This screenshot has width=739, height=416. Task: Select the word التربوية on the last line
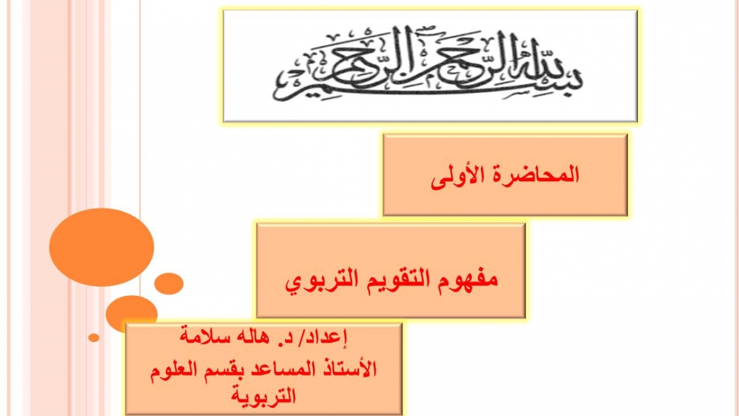[264, 396]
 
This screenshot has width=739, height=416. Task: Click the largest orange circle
[102, 247]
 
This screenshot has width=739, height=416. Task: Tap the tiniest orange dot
[94, 338]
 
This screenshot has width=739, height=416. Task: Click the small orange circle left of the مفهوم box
[169, 283]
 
